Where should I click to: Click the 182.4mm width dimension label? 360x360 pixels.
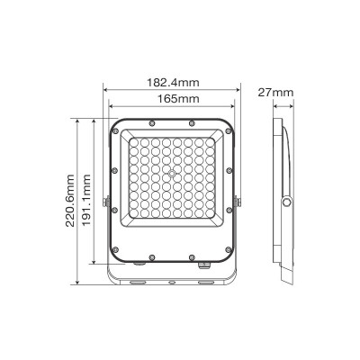(173, 82)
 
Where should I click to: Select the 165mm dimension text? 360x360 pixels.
(173, 98)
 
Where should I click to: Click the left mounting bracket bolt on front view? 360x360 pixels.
(107, 204)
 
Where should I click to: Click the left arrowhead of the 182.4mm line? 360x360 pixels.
(105, 89)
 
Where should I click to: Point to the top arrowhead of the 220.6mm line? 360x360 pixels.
(80, 116)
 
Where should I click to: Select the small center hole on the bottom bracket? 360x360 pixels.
(173, 281)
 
